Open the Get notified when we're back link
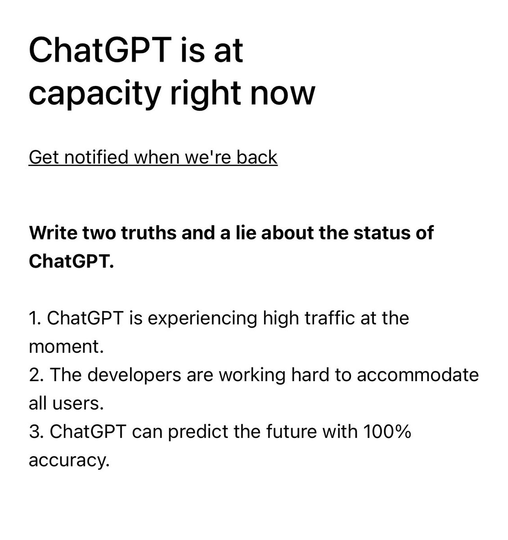153,157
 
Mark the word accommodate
421,375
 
